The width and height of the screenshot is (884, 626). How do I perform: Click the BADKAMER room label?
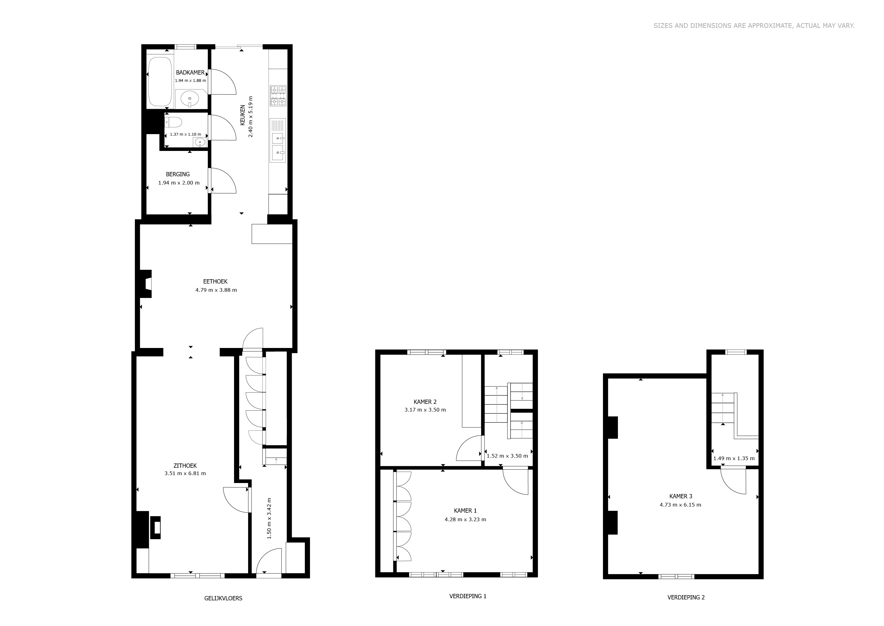(x=190, y=72)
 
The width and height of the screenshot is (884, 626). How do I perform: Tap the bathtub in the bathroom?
(x=160, y=81)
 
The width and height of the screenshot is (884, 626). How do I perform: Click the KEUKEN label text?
(x=243, y=115)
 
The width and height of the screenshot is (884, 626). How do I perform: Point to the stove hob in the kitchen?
(x=278, y=96)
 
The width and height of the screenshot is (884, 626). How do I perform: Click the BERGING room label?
(x=178, y=174)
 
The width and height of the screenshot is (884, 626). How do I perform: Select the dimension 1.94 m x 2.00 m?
(x=179, y=183)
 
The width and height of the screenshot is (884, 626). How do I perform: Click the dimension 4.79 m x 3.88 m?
(x=216, y=290)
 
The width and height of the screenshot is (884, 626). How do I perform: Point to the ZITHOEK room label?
(x=185, y=466)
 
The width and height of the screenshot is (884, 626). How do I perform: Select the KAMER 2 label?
(x=425, y=402)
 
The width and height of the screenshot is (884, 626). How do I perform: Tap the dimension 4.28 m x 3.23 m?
(x=465, y=519)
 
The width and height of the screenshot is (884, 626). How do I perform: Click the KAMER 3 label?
(x=681, y=496)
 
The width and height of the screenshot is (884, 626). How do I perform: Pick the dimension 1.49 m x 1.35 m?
(x=734, y=458)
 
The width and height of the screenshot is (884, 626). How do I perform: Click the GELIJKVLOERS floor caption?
(x=223, y=598)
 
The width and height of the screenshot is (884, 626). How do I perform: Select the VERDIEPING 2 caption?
(x=686, y=598)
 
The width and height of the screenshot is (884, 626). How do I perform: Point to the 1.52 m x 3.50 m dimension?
(x=507, y=456)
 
